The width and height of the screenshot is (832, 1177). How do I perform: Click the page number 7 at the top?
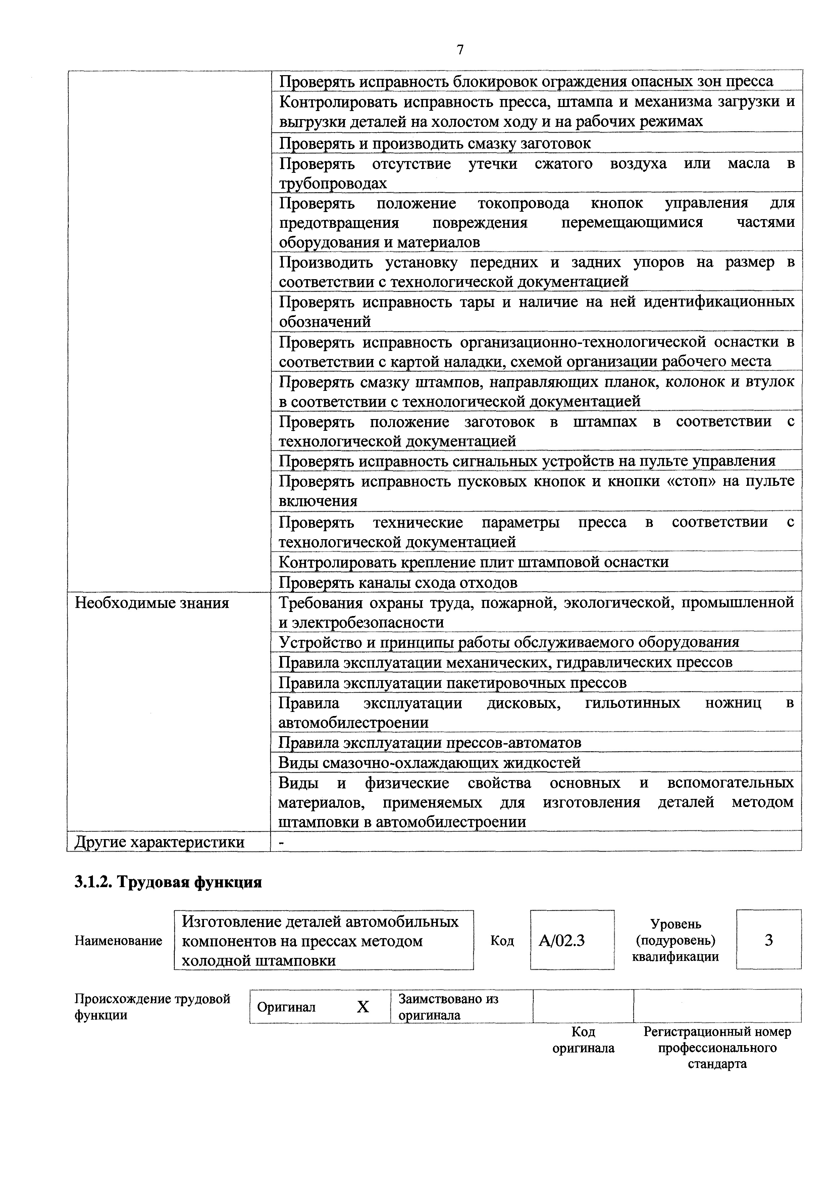click(460, 50)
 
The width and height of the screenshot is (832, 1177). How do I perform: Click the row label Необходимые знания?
click(152, 603)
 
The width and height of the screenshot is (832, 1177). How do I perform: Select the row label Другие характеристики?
click(159, 842)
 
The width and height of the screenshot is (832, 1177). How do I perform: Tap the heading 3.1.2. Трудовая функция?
click(168, 882)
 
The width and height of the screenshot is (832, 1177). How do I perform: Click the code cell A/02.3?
click(562, 941)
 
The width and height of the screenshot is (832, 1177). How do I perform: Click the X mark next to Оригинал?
click(363, 1007)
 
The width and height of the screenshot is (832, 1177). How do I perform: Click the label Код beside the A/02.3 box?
click(502, 941)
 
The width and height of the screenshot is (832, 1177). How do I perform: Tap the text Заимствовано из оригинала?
click(449, 1007)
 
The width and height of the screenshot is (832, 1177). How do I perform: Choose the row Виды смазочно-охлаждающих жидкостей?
click(429, 763)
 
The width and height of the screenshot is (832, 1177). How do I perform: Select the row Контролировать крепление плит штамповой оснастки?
click(474, 562)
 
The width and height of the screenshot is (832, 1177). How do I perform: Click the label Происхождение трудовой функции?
click(152, 1007)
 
